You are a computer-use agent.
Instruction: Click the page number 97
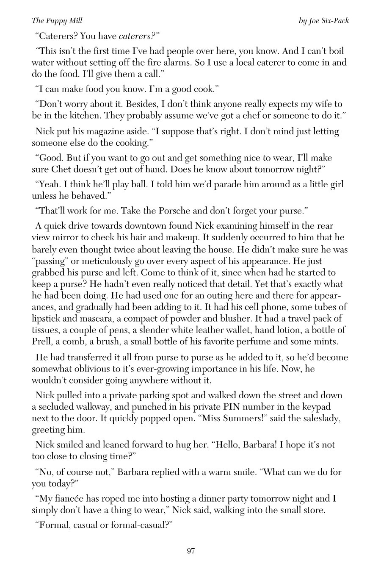click(190, 551)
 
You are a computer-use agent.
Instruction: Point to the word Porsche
click(177, 211)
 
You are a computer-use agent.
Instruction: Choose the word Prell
click(41, 341)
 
